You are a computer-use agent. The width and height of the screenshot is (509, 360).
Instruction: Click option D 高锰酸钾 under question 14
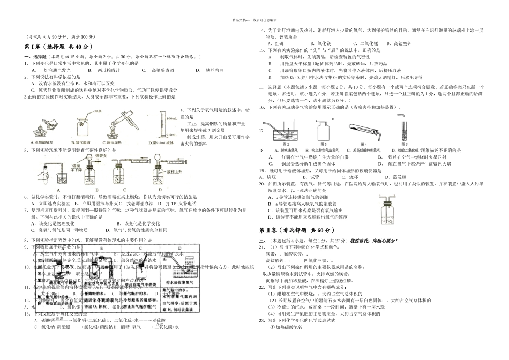coord(403,43)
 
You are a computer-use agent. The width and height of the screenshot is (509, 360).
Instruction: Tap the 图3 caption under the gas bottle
coord(324,144)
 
